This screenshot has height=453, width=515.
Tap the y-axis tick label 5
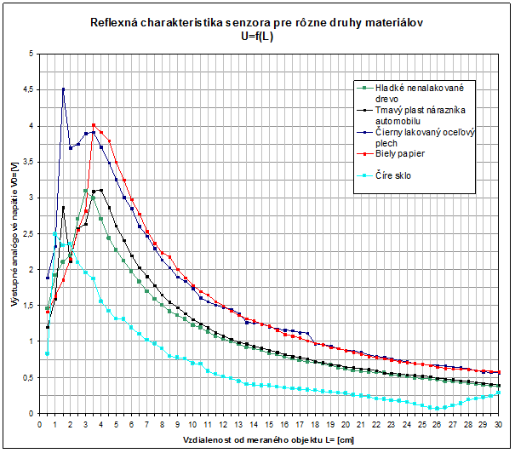pos(31,54)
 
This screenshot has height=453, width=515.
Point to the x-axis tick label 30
pos(498,423)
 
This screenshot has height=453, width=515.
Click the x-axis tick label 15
pos(269,423)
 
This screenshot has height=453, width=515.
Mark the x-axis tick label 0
pos(40,423)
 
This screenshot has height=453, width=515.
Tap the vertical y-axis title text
pos(13,233)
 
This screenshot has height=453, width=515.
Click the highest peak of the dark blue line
pos(63,89)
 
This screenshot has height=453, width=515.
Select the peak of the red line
pos(94,125)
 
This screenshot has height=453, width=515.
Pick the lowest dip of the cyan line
pos(438,408)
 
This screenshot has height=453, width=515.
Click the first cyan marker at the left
pos(48,353)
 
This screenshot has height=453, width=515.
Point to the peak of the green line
pos(86,191)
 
